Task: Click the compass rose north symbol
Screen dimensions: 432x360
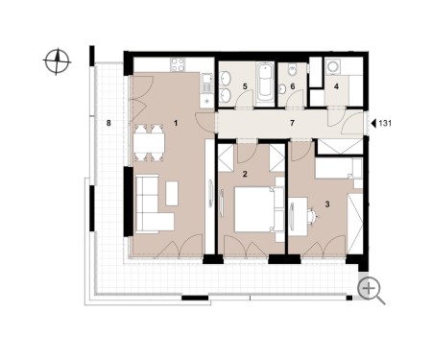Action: coord(57,61)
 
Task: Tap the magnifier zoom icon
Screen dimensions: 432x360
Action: coord(371,290)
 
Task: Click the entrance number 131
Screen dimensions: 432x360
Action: coord(385,123)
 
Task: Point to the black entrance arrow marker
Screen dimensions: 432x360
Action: coord(372,123)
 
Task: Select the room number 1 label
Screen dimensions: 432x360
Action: coord(175,123)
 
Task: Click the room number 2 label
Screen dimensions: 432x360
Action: coord(245,174)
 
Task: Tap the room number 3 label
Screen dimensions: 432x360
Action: coord(327,204)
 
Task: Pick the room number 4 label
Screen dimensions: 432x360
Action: coord(336,86)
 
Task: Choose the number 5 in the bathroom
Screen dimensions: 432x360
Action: coord(245,86)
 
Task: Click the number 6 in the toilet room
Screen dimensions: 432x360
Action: coord(292,86)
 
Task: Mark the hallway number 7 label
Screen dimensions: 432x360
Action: coord(292,123)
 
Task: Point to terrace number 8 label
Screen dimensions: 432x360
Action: coord(108,123)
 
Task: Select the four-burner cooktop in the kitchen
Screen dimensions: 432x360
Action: coord(178,64)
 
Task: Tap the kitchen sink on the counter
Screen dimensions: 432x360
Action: coord(206,83)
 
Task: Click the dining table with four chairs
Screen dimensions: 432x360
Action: coord(149,143)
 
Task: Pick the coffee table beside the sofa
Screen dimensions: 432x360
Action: coord(172,193)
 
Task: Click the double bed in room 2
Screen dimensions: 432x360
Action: coord(259,209)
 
